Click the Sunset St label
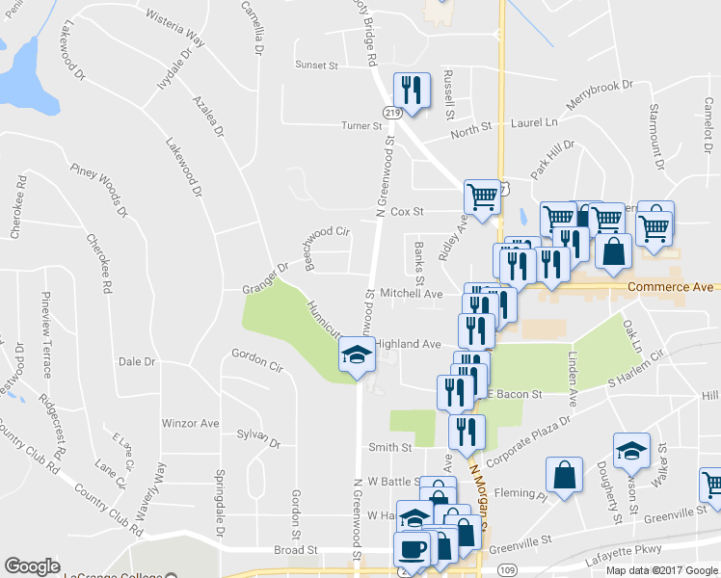coord(316,66)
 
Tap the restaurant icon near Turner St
coord(412,92)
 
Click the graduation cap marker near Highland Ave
coord(356,356)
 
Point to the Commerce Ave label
coord(670,287)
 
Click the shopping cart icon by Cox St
coord(482,197)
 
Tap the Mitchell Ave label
coord(411,293)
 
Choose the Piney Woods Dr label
coord(99,190)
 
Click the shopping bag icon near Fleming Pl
coord(564,474)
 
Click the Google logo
coord(32,566)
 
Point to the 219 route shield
coord(391,113)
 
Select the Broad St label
coord(296,550)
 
